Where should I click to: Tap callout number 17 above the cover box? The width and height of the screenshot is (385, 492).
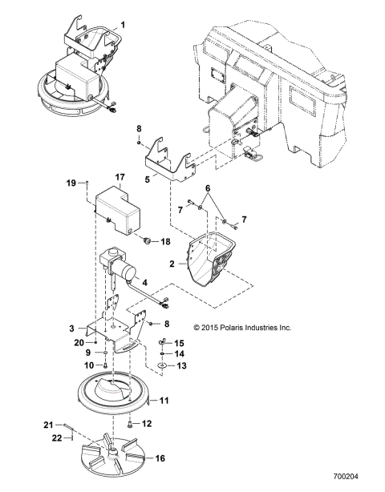click(x=120, y=177)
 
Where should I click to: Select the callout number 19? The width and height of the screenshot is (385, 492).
click(x=70, y=183)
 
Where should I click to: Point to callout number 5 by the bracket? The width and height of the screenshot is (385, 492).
click(x=147, y=180)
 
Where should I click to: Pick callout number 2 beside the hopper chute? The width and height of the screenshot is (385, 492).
click(x=171, y=262)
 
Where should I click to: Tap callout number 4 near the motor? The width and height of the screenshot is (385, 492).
click(x=145, y=282)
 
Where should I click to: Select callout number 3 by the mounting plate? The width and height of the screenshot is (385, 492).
click(x=73, y=329)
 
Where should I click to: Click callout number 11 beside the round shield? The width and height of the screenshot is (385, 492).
click(x=165, y=399)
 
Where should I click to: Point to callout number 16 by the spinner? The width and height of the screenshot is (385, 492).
click(x=160, y=458)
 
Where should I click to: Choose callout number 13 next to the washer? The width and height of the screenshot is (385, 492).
click(x=180, y=365)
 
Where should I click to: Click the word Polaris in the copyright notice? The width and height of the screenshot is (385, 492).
click(x=241, y=328)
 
